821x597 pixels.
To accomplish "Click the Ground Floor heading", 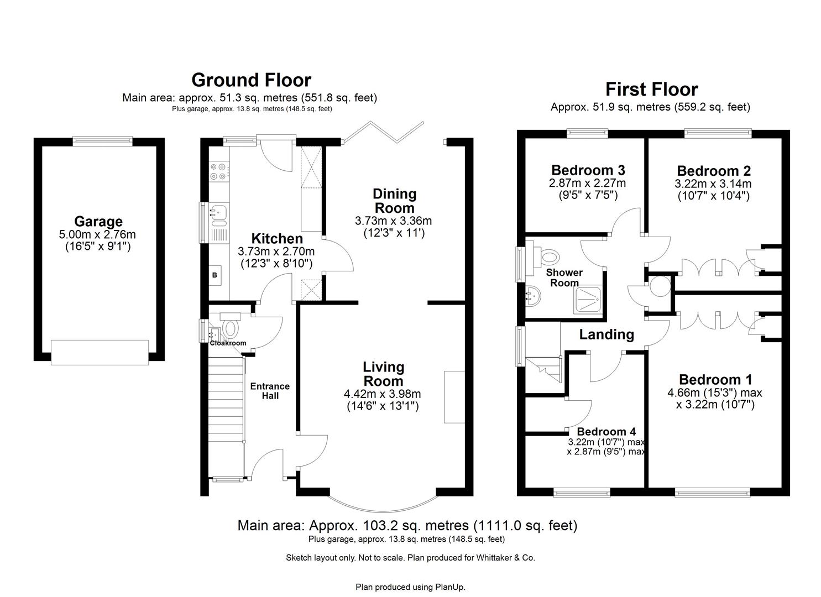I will tap(251, 80).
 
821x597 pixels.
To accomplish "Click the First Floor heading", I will tap(651, 89).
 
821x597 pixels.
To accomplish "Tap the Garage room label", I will tap(98, 222).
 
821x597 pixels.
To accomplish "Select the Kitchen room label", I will tap(277, 239).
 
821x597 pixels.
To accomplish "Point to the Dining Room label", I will tap(394, 201).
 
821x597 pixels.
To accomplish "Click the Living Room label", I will tap(383, 374).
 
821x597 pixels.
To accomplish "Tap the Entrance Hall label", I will tap(270, 391).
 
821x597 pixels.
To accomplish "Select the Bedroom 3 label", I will tap(588, 170).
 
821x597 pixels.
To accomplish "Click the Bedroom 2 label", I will tap(713, 171).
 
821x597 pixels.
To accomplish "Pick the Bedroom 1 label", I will tap(715, 380).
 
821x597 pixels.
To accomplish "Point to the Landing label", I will tap(606, 334).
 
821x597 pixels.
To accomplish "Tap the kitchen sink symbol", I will tap(219, 213).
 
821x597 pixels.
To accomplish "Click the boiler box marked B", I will tap(215, 275).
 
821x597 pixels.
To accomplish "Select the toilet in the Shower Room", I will tap(549, 256).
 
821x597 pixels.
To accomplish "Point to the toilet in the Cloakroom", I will tap(229, 327).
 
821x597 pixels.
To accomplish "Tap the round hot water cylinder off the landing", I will tap(660, 286).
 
